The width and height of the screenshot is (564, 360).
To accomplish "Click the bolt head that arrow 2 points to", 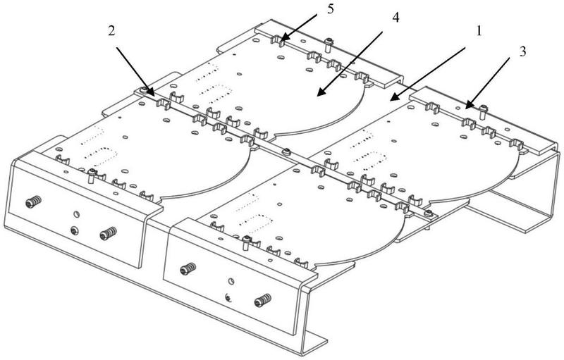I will click(x=145, y=91).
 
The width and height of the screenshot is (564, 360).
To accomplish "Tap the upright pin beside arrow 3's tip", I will click(x=482, y=110).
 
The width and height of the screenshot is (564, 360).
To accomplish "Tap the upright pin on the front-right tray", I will click(x=245, y=243).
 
